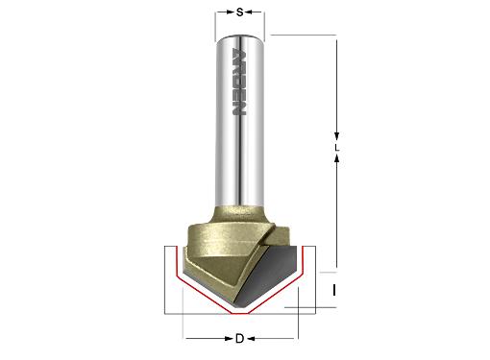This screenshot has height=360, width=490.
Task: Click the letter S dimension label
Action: tap(239, 12)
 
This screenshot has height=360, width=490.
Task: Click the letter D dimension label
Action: tap(239, 338)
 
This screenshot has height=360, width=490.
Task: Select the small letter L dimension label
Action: tap(336, 148)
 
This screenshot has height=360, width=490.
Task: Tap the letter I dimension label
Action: tap(334, 291)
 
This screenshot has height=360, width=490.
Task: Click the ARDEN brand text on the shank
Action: tap(239, 82)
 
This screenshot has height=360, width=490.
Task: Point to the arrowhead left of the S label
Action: tap(231, 12)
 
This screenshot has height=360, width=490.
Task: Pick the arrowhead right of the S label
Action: tap(249, 12)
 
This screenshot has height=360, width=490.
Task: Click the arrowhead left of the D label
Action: tap(229, 338)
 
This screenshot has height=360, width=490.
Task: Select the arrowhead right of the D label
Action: tap(251, 338)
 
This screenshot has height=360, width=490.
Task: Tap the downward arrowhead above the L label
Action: tap(336, 135)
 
